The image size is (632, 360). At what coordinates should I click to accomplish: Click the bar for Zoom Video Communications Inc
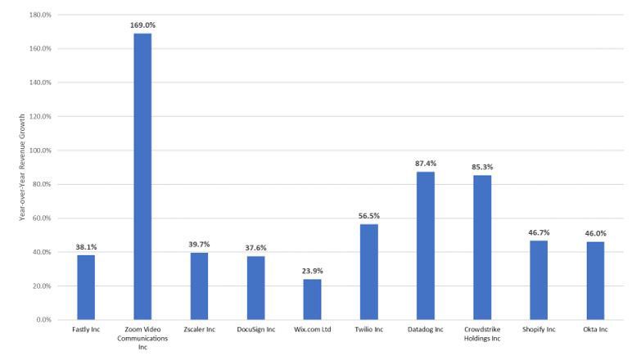point(142,177)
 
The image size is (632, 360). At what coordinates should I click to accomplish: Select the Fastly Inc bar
point(86,287)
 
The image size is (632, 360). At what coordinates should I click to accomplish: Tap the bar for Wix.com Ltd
point(313,299)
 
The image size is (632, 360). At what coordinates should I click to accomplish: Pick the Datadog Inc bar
point(426,245)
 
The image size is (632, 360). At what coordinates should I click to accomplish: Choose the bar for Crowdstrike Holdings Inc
point(482,248)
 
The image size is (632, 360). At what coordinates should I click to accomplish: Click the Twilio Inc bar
point(368,272)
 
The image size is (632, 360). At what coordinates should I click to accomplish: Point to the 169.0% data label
point(142,25)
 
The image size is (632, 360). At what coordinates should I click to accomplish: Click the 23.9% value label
point(313,271)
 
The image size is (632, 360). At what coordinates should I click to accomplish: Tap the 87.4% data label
point(426,164)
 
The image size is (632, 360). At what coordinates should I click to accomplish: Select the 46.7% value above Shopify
point(539,232)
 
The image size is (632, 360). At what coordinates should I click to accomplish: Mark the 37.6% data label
point(255,248)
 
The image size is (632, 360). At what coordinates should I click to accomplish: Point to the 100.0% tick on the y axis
point(40,151)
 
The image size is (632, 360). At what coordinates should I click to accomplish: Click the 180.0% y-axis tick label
point(40,15)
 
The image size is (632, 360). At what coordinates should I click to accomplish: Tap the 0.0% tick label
point(43,320)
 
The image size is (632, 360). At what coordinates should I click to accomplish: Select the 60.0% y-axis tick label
point(42,218)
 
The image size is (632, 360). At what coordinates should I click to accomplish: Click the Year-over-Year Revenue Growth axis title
point(22,167)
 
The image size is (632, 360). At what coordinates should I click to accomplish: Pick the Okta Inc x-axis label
point(595,330)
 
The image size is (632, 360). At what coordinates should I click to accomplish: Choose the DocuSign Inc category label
point(256,330)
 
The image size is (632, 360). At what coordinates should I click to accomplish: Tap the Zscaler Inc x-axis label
point(200,330)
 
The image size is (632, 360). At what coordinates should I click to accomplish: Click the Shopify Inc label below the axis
point(539,330)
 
